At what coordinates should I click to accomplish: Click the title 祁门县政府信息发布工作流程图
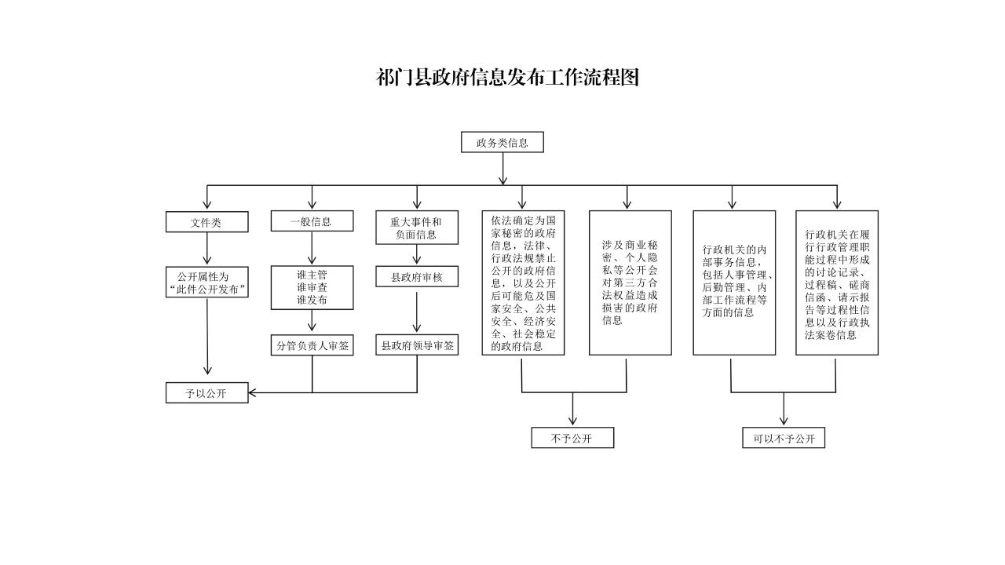pos(508,78)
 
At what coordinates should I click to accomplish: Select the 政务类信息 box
pos(502,143)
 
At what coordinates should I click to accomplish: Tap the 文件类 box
pos(206,222)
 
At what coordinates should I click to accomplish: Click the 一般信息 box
pos(312,221)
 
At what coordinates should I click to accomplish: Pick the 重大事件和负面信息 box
pos(416,228)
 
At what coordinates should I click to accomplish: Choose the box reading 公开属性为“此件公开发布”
pos(207,283)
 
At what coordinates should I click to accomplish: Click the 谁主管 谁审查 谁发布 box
pos(312,287)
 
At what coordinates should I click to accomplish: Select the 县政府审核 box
pos(416,276)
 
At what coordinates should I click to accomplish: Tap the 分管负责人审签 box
pos(312,345)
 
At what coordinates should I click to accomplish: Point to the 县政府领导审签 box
pos(416,344)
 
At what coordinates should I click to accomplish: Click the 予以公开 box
pos(206,392)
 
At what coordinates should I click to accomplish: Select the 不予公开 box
pos(572,438)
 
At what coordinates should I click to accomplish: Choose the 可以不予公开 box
pos(784,438)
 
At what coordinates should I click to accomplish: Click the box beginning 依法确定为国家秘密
pos(523,282)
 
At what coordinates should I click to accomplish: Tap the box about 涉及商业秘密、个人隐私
pos(630,282)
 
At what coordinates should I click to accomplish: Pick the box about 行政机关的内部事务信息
pos(733,282)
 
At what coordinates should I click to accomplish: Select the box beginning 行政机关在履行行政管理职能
pos(836,282)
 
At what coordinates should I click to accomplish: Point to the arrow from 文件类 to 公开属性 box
pos(207,250)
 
